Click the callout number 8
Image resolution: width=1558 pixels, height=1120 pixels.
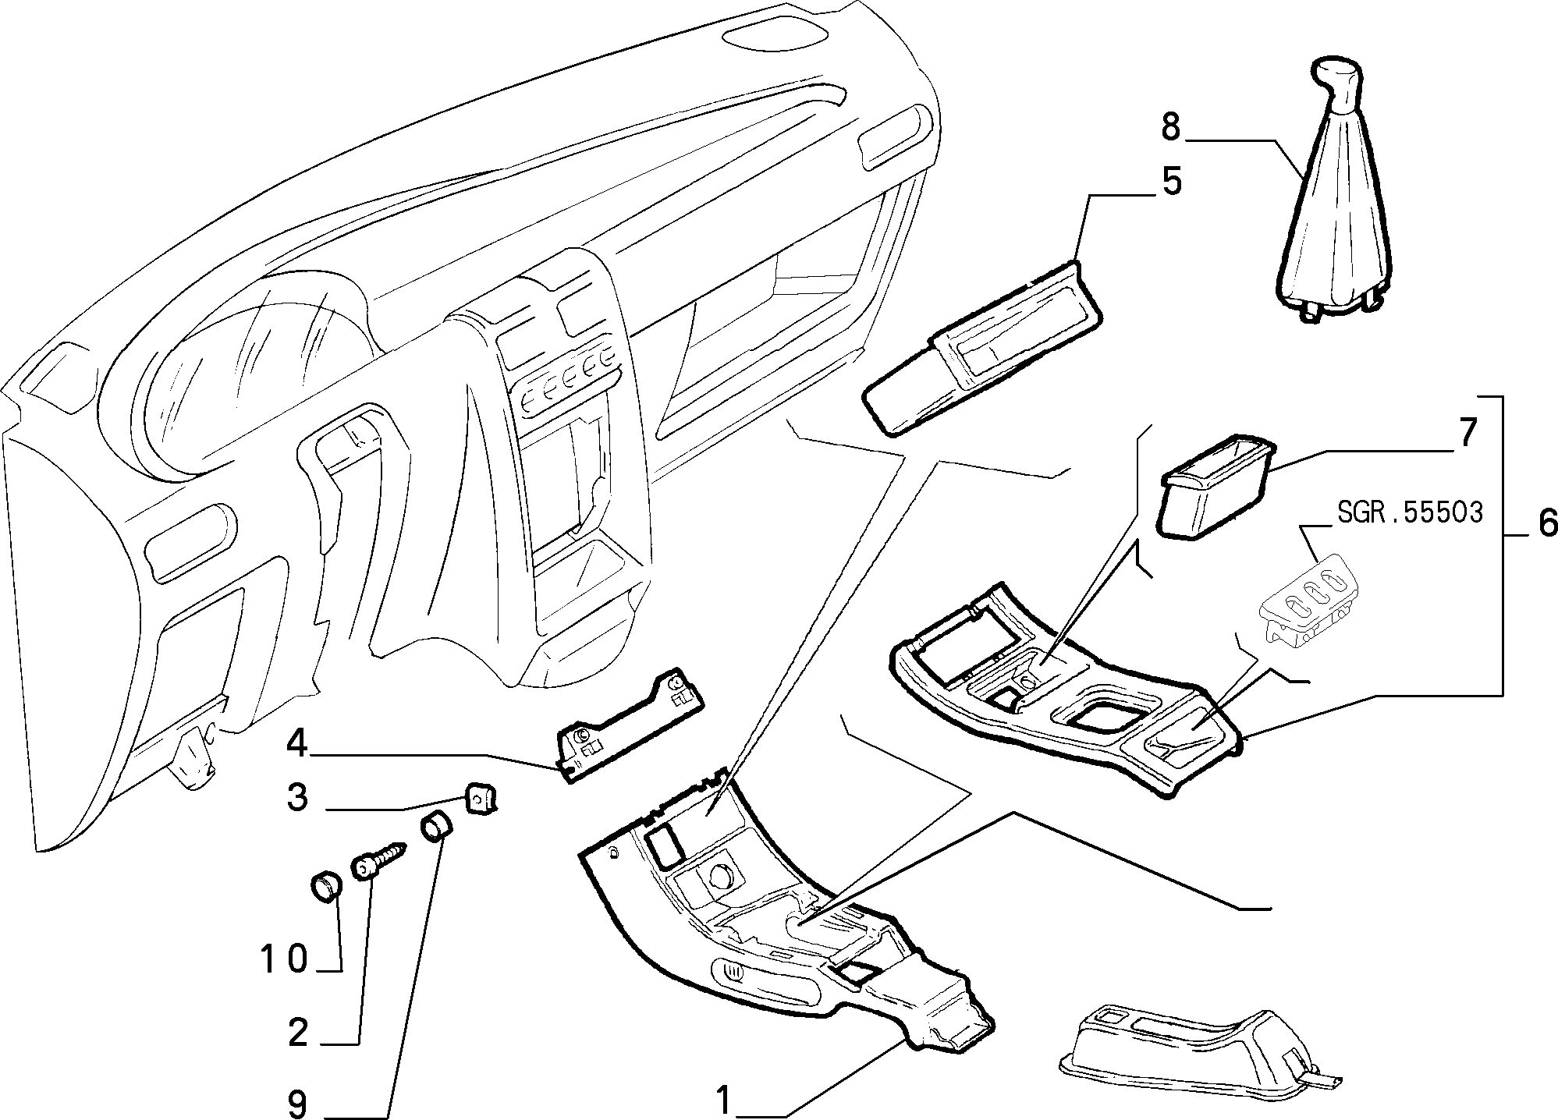pos(1170,127)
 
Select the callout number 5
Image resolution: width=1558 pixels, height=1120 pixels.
pos(1171,181)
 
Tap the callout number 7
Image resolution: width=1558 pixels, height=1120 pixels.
pos(1468,434)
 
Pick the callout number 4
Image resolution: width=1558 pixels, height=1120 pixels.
pos(296,743)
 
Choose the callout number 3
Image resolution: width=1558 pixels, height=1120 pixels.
pos(297,798)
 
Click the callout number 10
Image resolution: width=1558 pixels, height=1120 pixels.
pos(284,959)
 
